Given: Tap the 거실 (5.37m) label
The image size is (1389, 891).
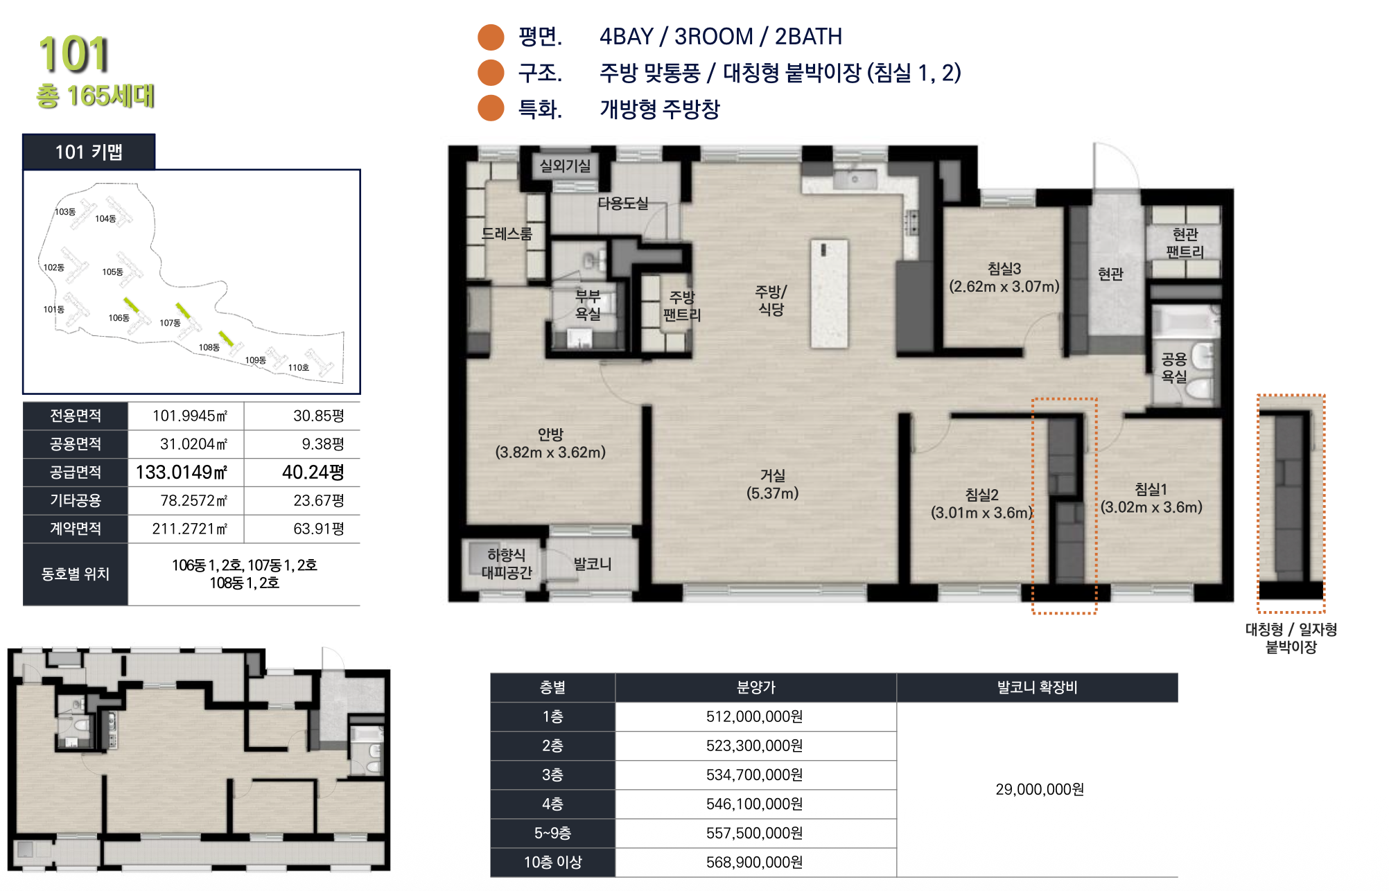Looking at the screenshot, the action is click(772, 484).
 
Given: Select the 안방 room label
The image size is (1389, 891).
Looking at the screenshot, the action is click(550, 443).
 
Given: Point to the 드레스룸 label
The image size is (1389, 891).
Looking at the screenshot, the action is click(507, 234).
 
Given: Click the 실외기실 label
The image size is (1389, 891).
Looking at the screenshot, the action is click(565, 166).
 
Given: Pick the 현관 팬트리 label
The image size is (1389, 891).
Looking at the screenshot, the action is click(1185, 243).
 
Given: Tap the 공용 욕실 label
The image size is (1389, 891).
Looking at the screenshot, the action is click(1174, 368).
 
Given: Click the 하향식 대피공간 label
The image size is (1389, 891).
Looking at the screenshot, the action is click(507, 564).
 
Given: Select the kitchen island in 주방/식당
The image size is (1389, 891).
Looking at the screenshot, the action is click(830, 294).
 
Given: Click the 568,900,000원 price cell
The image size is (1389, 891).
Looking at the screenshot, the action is click(755, 863).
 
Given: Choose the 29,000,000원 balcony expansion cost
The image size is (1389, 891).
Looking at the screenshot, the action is click(1040, 790).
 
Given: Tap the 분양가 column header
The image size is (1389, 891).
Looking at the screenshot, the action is click(755, 687).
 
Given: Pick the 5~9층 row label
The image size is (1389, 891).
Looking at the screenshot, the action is click(552, 833).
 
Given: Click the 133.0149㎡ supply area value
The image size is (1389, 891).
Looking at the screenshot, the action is click(182, 473).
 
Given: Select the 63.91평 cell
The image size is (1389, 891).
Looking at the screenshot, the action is click(319, 529).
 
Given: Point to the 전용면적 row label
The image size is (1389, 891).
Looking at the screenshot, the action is click(76, 416).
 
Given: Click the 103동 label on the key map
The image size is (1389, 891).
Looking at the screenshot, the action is click(65, 212).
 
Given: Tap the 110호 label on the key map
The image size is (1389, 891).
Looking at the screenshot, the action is click(299, 368).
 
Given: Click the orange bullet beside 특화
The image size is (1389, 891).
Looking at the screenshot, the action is click(491, 108).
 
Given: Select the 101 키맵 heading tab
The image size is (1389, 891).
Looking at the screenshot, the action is click(89, 152).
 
